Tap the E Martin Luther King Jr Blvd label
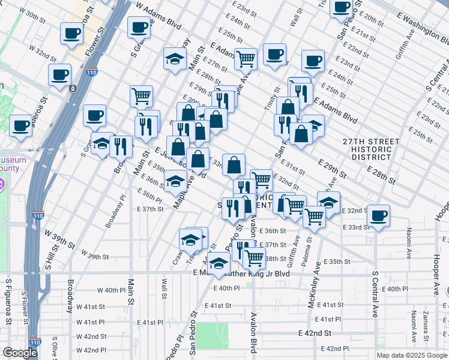pos(241,273)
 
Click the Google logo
pos(20,353)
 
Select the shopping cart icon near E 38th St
pos(255,257)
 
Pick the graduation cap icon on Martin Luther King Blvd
pos(218,263)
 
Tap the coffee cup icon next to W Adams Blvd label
pos(139,27)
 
